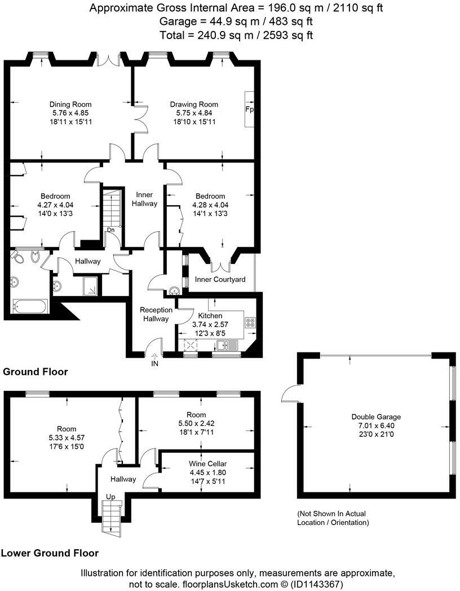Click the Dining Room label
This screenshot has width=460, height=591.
pyautogui.click(x=70, y=104)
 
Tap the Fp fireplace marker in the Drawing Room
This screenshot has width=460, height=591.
pyautogui.click(x=249, y=109)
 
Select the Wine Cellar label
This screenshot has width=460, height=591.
pyautogui.click(x=207, y=464)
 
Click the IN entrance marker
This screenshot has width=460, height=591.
pyautogui.click(x=154, y=364)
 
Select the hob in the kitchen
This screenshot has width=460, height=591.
pyautogui.click(x=250, y=324)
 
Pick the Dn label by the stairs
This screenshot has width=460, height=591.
pyautogui.click(x=110, y=230)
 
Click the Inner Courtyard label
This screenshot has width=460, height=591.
pyautogui.click(x=220, y=280)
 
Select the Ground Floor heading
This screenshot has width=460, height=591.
pyautogui.click(x=36, y=372)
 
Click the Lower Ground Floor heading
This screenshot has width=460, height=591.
pyautogui.click(x=50, y=553)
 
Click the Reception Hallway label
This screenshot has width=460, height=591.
pyautogui.click(x=156, y=314)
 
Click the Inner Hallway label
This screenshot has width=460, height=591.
pyautogui.click(x=144, y=199)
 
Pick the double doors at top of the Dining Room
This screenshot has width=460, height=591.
pyautogui.click(x=109, y=60)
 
